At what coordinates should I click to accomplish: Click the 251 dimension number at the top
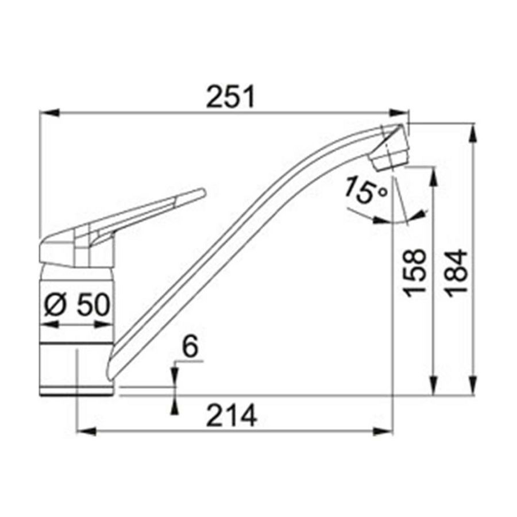(x=230, y=98)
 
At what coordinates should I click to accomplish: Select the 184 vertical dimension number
(x=458, y=272)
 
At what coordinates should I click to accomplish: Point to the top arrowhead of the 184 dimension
(x=473, y=132)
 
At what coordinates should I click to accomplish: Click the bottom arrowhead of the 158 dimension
(x=434, y=387)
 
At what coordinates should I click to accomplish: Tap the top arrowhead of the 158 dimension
(x=434, y=175)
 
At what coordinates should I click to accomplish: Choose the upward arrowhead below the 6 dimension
(x=175, y=404)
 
